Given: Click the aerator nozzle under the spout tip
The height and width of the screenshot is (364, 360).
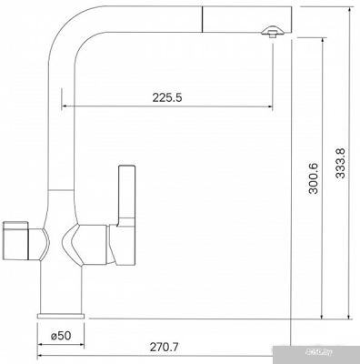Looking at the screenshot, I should coord(270,34).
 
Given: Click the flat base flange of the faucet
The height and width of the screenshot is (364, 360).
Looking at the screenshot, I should coord(61,313).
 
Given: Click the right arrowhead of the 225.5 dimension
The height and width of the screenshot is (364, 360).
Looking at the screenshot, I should coord(267,106).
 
